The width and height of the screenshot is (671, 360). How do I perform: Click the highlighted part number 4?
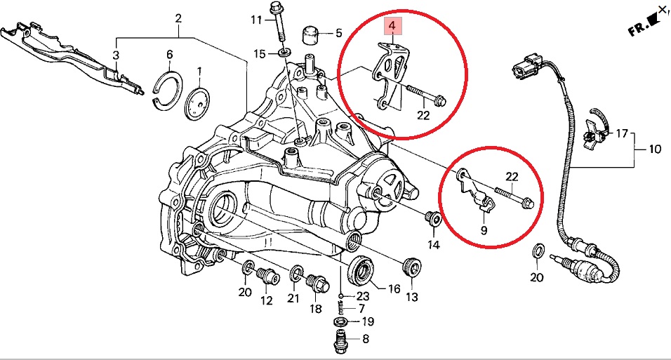click(392, 27)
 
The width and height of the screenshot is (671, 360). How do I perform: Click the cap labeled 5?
click(310, 33)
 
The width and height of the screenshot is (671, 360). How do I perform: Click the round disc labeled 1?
click(197, 104)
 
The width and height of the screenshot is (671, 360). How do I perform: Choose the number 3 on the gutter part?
click(116, 55)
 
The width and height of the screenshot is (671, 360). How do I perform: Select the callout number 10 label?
click(654, 149)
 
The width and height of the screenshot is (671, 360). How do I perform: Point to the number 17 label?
click(621, 133)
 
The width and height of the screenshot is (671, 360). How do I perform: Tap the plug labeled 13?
click(411, 267)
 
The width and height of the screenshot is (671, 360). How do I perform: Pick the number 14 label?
click(433, 245)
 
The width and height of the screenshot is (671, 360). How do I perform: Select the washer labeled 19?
click(340, 322)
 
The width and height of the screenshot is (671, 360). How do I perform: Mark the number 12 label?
click(267, 301)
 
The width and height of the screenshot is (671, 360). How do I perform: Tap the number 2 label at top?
click(178, 18)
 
